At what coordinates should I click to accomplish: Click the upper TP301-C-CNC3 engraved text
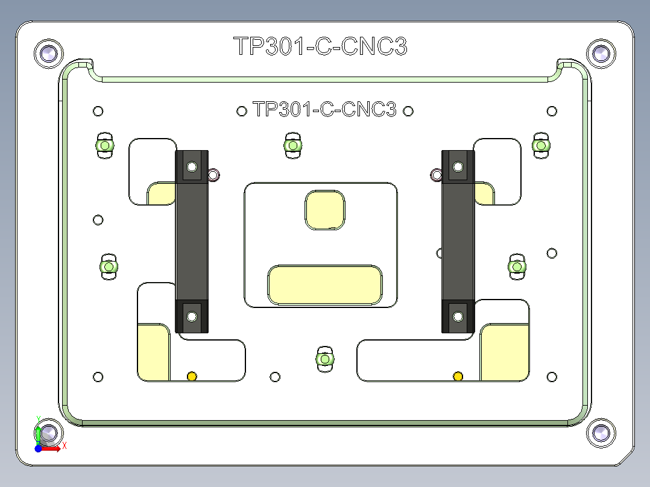coord(320,46)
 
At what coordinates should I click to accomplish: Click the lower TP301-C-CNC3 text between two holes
coord(325,110)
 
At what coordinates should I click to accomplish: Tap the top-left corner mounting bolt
coord(48,54)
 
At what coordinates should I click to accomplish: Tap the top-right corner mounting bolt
coord(601,54)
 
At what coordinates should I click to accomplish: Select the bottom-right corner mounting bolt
coord(601,433)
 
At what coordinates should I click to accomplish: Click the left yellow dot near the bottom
coord(192,377)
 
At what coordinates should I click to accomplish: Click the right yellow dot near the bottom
coord(458,377)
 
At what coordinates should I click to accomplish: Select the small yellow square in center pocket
coord(326,210)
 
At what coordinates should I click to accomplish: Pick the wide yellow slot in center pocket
coord(325,284)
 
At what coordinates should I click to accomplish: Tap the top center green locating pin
coord(292,146)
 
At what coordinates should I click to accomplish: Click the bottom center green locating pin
coord(325,359)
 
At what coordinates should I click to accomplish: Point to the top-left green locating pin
coord(105,146)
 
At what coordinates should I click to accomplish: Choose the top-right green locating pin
coord(540,145)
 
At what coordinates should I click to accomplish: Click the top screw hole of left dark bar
coord(192,166)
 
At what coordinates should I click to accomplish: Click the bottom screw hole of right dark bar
coord(458,315)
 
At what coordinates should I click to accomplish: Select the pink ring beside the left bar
coord(213,175)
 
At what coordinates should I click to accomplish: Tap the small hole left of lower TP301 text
coord(242,110)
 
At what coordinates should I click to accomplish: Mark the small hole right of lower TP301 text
coord(408,110)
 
